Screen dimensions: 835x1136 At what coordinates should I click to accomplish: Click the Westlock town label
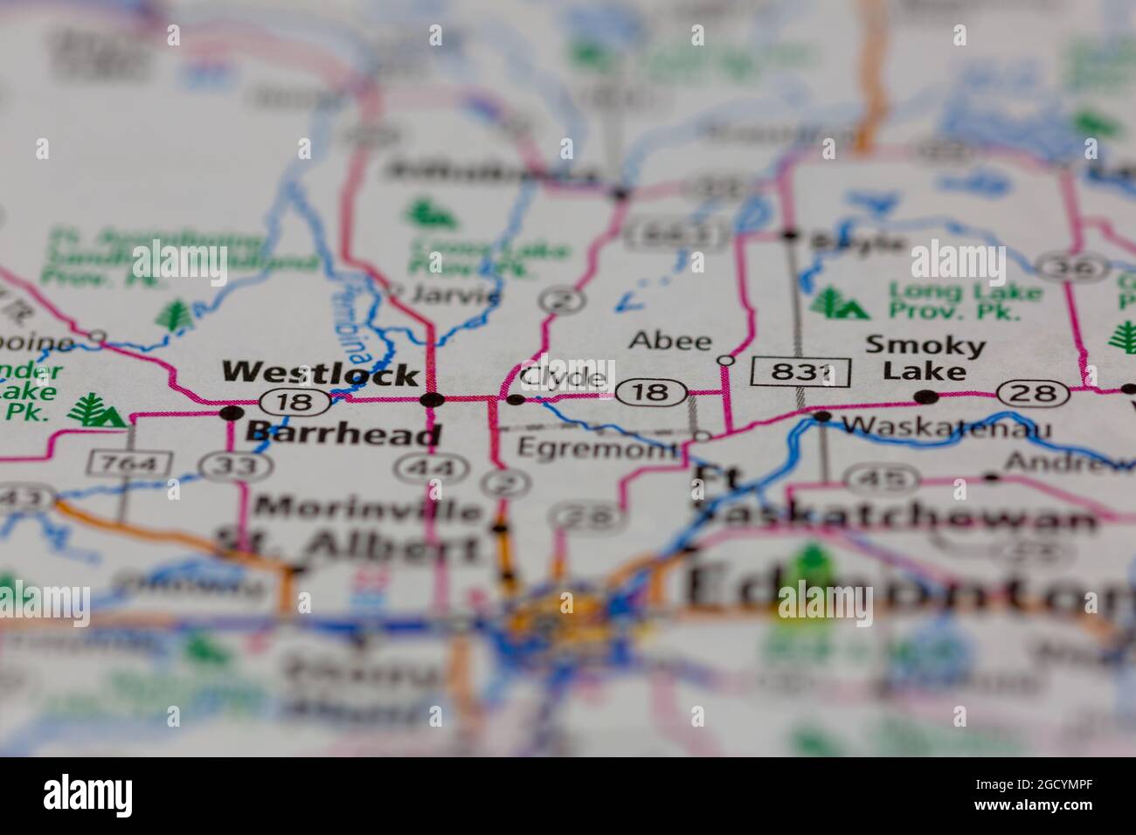click(320, 374)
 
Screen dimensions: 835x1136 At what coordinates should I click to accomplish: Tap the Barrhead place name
click(343, 432)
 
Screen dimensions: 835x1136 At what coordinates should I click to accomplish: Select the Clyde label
click(563, 377)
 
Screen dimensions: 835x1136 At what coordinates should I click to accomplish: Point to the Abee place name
click(670, 340)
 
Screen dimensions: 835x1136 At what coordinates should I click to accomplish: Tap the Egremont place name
click(597, 448)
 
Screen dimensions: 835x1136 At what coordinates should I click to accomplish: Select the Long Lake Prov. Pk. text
click(966, 300)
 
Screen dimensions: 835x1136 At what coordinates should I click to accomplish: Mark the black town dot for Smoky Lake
click(926, 397)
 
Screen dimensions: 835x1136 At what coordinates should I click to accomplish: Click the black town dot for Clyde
click(516, 400)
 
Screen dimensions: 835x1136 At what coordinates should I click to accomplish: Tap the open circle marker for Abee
click(724, 360)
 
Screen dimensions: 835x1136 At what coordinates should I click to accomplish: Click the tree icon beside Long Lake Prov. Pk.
click(838, 302)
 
